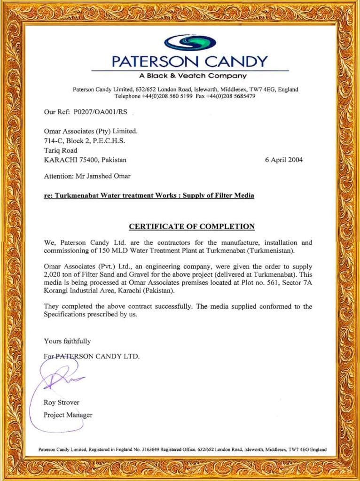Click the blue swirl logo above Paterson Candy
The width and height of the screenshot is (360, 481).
pyautogui.click(x=189, y=42)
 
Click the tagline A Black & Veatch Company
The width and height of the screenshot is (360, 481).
pyautogui.click(x=193, y=76)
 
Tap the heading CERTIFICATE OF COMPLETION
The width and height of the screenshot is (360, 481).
pyautogui.click(x=192, y=226)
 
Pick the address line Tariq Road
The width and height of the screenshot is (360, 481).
pyautogui.click(x=60, y=150)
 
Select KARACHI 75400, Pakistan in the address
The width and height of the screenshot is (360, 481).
pyautogui.click(x=85, y=160)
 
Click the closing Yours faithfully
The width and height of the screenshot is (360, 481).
pyautogui.click(x=67, y=341)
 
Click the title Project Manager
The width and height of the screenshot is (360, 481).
pyautogui.click(x=68, y=415)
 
